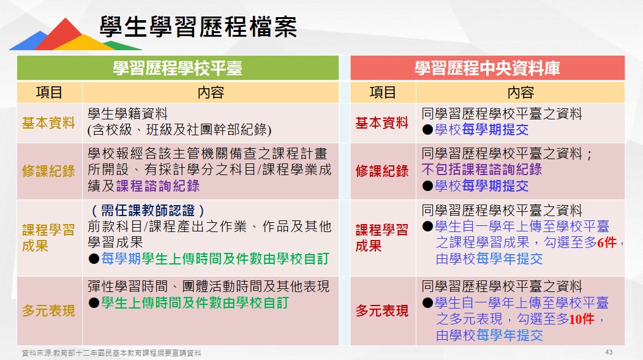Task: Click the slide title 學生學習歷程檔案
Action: (x=198, y=27)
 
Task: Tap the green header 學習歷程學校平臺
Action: (x=178, y=68)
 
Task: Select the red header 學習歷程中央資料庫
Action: (x=487, y=68)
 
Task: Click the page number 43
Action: (x=609, y=352)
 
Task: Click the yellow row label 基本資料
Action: (x=48, y=123)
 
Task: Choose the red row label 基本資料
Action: (x=382, y=123)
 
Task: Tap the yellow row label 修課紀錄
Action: (x=48, y=171)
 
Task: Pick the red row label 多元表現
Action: (x=382, y=311)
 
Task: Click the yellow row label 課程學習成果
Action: (x=48, y=238)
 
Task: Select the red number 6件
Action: (x=607, y=242)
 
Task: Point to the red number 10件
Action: (x=582, y=318)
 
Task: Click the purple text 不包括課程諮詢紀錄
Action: (x=481, y=170)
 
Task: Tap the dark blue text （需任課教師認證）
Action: (x=147, y=211)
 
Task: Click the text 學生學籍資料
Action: (x=127, y=114)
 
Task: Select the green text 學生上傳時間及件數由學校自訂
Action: (x=195, y=303)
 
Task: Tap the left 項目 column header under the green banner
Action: (x=49, y=92)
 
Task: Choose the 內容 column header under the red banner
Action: (x=521, y=92)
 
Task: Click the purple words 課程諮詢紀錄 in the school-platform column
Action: (x=158, y=186)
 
